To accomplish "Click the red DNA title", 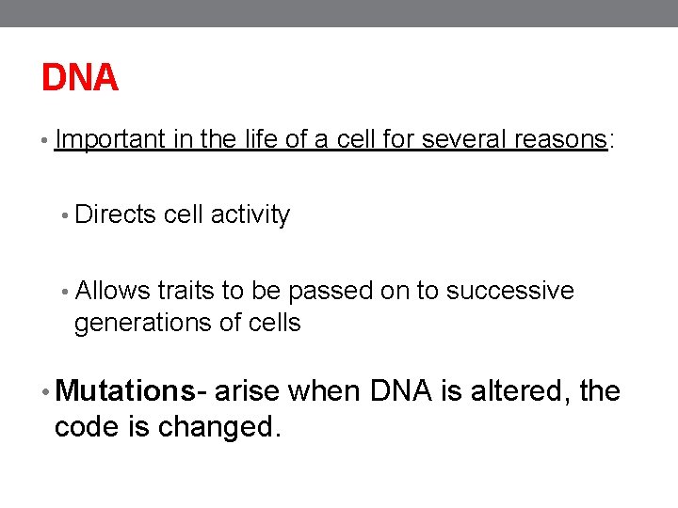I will pyautogui.click(x=80, y=78).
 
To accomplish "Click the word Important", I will pyautogui.click(x=111, y=140).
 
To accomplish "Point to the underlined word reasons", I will pyautogui.click(x=561, y=140).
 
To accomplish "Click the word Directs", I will pyautogui.click(x=115, y=214).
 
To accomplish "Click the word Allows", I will pyautogui.click(x=113, y=291).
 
